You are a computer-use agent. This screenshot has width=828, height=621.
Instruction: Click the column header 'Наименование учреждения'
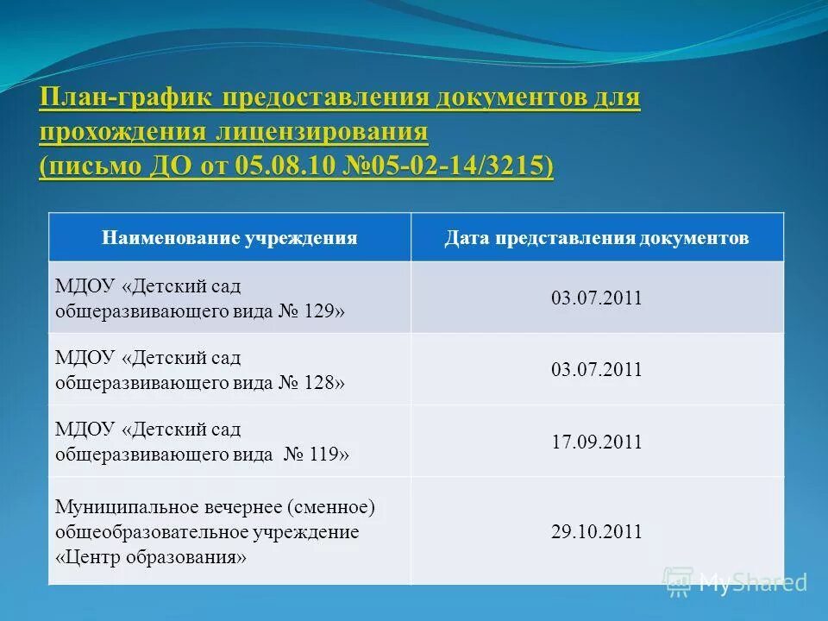point(229,238)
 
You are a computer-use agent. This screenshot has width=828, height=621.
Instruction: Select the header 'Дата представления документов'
point(597,238)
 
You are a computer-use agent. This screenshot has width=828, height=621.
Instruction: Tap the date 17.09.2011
point(597,442)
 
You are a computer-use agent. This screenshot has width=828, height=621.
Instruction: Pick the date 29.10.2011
point(597,531)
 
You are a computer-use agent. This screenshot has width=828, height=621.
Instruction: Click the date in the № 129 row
point(597,298)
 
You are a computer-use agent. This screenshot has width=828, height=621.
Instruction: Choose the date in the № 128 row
point(597,370)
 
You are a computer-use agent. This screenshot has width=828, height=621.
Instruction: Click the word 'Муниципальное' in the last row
point(122,506)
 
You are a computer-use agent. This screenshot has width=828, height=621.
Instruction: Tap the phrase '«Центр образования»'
point(151,556)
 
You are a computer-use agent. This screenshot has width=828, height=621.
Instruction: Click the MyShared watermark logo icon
point(678,582)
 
